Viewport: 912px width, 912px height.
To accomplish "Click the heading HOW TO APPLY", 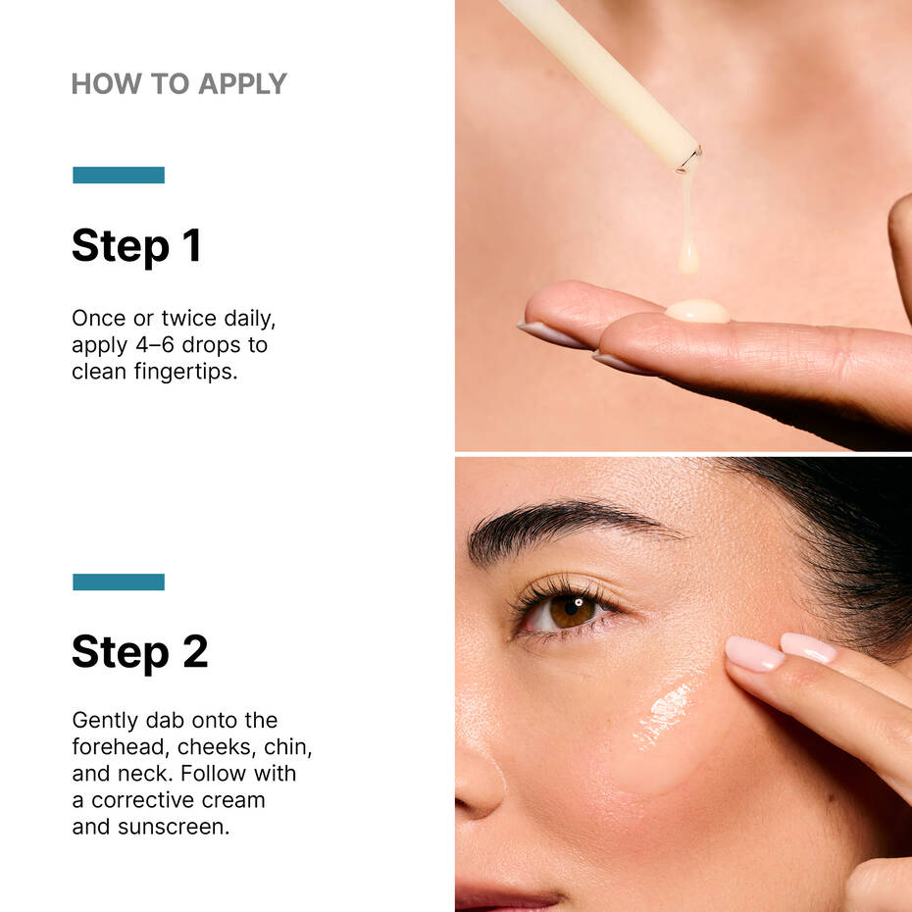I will click(x=178, y=84).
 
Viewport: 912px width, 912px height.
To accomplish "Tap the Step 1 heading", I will click(x=136, y=245).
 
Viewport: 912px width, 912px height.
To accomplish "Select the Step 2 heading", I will click(x=139, y=652).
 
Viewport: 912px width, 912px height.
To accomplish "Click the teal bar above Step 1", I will click(x=119, y=176).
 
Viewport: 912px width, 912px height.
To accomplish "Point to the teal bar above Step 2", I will click(x=119, y=583).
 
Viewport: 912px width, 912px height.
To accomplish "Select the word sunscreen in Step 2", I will click(x=173, y=827).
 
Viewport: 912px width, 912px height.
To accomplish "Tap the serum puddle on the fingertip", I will click(x=697, y=312).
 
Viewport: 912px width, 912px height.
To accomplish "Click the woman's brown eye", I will click(x=572, y=610).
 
